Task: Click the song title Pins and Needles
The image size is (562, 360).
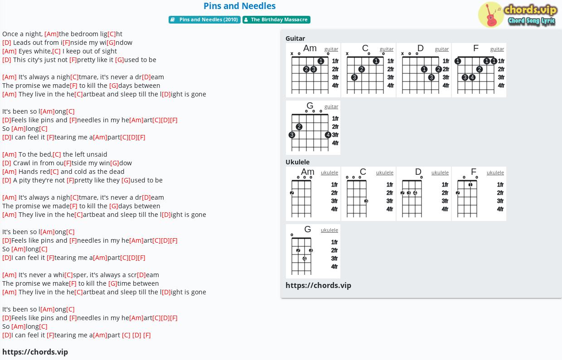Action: [239, 6]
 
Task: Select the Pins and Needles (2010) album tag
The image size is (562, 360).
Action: [204, 19]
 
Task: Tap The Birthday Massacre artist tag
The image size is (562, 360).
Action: [276, 19]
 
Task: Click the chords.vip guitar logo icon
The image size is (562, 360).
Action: [491, 14]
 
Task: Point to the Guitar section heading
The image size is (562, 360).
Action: [295, 38]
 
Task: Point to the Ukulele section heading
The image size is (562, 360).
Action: [297, 162]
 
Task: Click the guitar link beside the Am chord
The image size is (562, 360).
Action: [331, 49]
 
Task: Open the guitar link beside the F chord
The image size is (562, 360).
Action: [497, 49]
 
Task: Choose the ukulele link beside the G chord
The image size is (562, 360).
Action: [329, 230]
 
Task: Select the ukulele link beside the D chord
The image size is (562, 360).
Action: [440, 173]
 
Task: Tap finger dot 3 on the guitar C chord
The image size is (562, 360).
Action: [354, 77]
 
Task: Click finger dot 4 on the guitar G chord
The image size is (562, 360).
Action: [328, 135]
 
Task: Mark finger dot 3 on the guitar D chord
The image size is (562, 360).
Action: [431, 77]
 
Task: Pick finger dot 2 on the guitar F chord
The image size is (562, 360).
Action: [479, 69]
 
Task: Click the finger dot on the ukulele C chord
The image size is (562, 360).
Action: [366, 201]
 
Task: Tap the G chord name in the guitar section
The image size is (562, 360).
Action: [310, 106]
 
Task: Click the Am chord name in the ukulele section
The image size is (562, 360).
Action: [308, 172]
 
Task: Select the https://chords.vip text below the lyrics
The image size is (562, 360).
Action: [35, 352]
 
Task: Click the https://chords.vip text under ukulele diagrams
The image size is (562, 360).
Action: [318, 285]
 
